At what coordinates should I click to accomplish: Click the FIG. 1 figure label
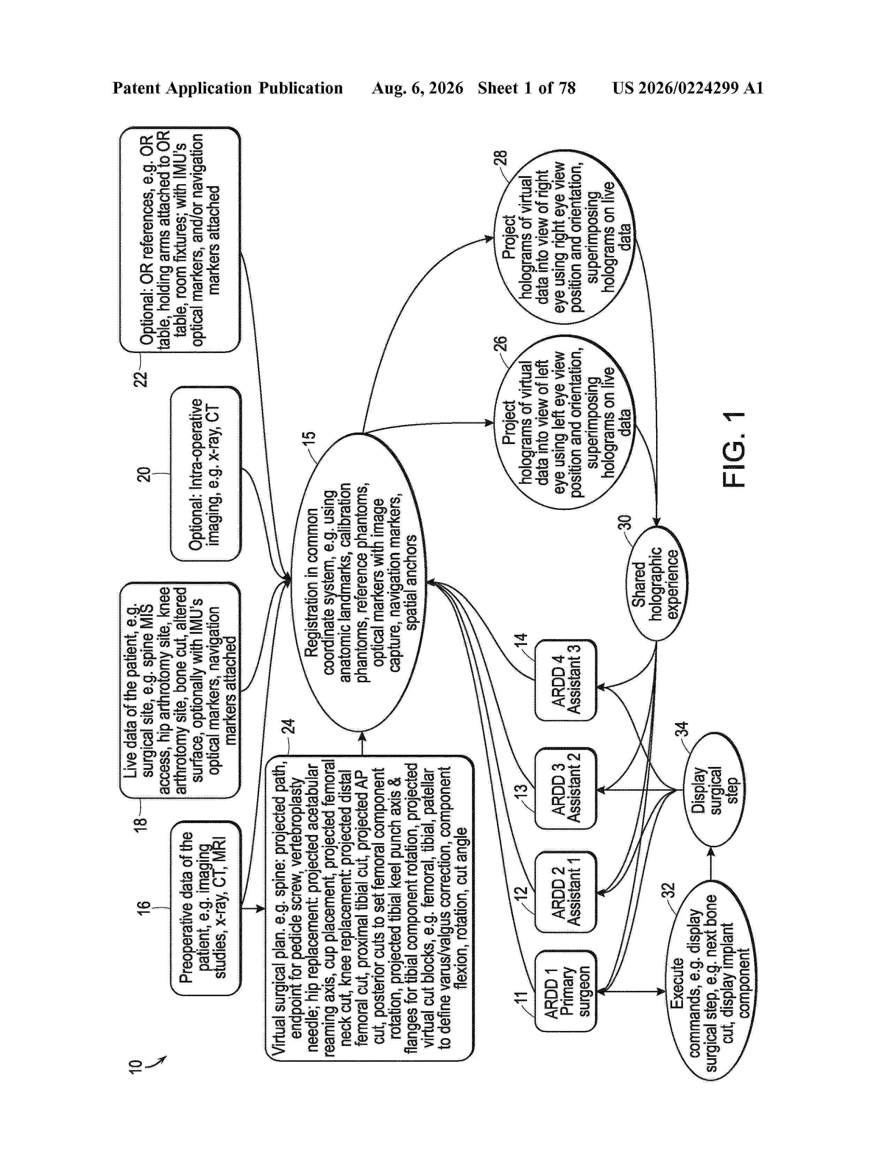pos(734,450)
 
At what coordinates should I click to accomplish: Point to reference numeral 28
pos(500,157)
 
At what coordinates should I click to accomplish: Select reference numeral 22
pos(140,379)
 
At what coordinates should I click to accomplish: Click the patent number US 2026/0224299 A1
pos(688,88)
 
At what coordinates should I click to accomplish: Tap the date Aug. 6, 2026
pos(418,88)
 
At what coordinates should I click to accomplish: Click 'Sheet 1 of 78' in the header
pos(527,88)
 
